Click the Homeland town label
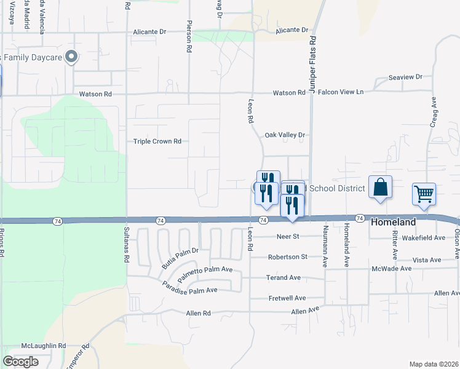[x=394, y=222]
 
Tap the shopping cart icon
[x=424, y=194]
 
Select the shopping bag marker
[x=380, y=187]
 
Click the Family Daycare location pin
[x=71, y=57]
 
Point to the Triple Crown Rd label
[x=157, y=141]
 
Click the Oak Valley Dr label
[x=285, y=135]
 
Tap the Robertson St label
[x=287, y=257]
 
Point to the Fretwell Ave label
[x=287, y=298]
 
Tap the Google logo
[x=20, y=361]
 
